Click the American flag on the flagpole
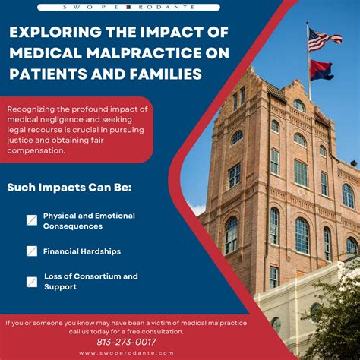pos(324,39)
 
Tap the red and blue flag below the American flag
pos(322,70)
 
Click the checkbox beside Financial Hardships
pos(32,251)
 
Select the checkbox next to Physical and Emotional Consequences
pos(32,220)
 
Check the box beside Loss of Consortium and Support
pos(32,282)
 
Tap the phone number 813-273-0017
pos(126,342)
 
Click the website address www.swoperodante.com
pos(126,353)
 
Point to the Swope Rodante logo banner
pos(128,7)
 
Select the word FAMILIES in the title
pos(166,74)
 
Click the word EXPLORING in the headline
pos(55,32)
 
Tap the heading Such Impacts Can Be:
pos(69,188)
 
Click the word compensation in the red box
pos(36,150)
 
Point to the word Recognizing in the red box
pos(31,109)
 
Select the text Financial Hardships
pos(82,251)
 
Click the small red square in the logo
pos(128,7)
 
